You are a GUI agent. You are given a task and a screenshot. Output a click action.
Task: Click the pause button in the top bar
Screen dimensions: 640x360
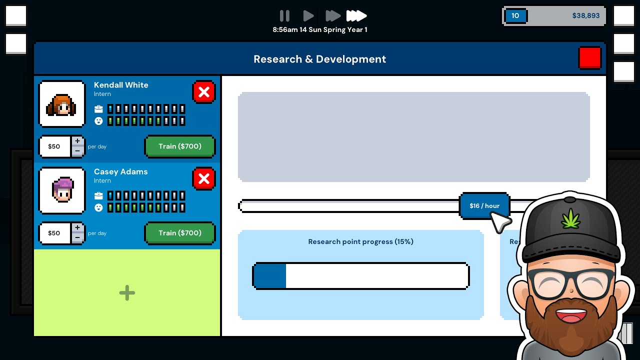(x=284, y=15)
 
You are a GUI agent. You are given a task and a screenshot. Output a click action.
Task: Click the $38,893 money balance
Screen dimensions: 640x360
(x=585, y=15)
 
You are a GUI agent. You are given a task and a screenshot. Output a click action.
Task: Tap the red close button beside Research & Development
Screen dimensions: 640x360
(x=589, y=58)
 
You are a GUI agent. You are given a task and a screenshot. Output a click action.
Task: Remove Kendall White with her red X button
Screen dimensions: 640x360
(x=203, y=92)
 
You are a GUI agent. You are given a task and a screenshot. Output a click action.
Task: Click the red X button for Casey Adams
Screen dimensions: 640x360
(x=203, y=179)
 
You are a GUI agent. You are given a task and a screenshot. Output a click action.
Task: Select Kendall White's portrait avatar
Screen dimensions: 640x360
(x=61, y=104)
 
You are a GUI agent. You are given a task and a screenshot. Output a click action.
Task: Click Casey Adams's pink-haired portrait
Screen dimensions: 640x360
(x=61, y=190)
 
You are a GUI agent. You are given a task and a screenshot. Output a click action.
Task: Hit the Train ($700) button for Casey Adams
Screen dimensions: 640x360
(x=180, y=233)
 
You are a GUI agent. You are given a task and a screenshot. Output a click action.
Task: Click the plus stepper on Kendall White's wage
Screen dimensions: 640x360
(x=77, y=141)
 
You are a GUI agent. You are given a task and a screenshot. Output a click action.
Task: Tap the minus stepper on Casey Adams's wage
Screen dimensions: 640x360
(x=77, y=237)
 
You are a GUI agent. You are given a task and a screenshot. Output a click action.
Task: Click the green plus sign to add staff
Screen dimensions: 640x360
(x=127, y=293)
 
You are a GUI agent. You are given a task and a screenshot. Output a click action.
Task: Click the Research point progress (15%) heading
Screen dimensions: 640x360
(x=360, y=241)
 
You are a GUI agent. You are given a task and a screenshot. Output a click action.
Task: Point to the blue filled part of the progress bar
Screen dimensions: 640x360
(x=270, y=276)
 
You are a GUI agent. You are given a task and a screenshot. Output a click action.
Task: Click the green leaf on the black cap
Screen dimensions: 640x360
(x=570, y=219)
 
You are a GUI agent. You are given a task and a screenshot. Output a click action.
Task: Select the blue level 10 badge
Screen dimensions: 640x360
(x=515, y=15)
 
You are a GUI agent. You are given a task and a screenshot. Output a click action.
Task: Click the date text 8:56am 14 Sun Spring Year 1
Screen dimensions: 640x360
(x=320, y=29)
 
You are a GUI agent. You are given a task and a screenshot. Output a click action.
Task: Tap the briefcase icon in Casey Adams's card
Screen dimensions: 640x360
(x=98, y=195)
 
